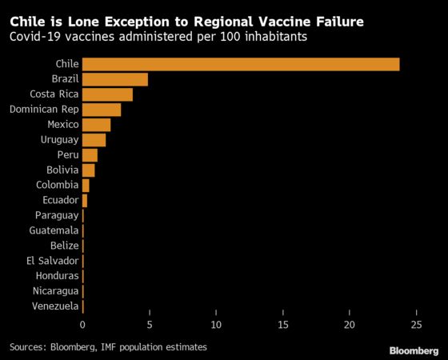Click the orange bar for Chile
(x=241, y=64)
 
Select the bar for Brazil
(x=115, y=79)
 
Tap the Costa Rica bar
(x=107, y=94)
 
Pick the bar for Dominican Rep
(x=102, y=110)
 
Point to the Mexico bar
(x=96, y=125)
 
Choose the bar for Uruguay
(x=94, y=140)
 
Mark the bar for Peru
(x=90, y=155)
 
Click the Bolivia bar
(x=89, y=170)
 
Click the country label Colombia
(x=57, y=185)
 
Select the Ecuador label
(x=61, y=200)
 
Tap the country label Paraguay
(x=57, y=215)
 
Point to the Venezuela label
(x=55, y=306)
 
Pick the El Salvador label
(x=52, y=261)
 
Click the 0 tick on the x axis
(x=82, y=325)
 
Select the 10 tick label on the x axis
(x=216, y=325)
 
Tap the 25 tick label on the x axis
(x=416, y=325)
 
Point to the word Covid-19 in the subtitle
(x=35, y=37)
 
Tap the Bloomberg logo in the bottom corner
(x=414, y=351)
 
